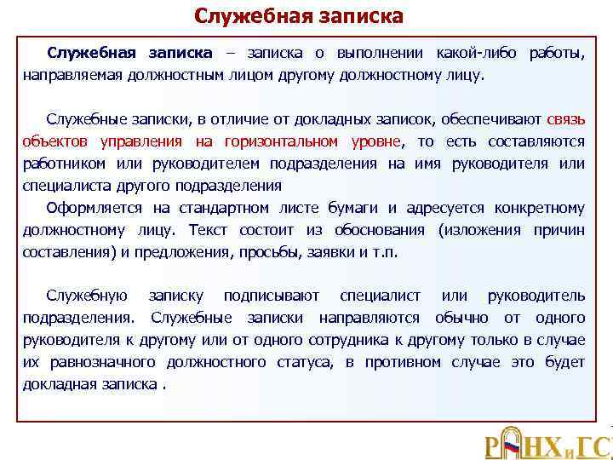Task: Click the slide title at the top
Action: click(298, 16)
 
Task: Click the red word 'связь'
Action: click(565, 118)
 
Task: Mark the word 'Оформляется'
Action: click(95, 208)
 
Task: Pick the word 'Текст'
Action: click(209, 230)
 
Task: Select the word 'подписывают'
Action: click(271, 296)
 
